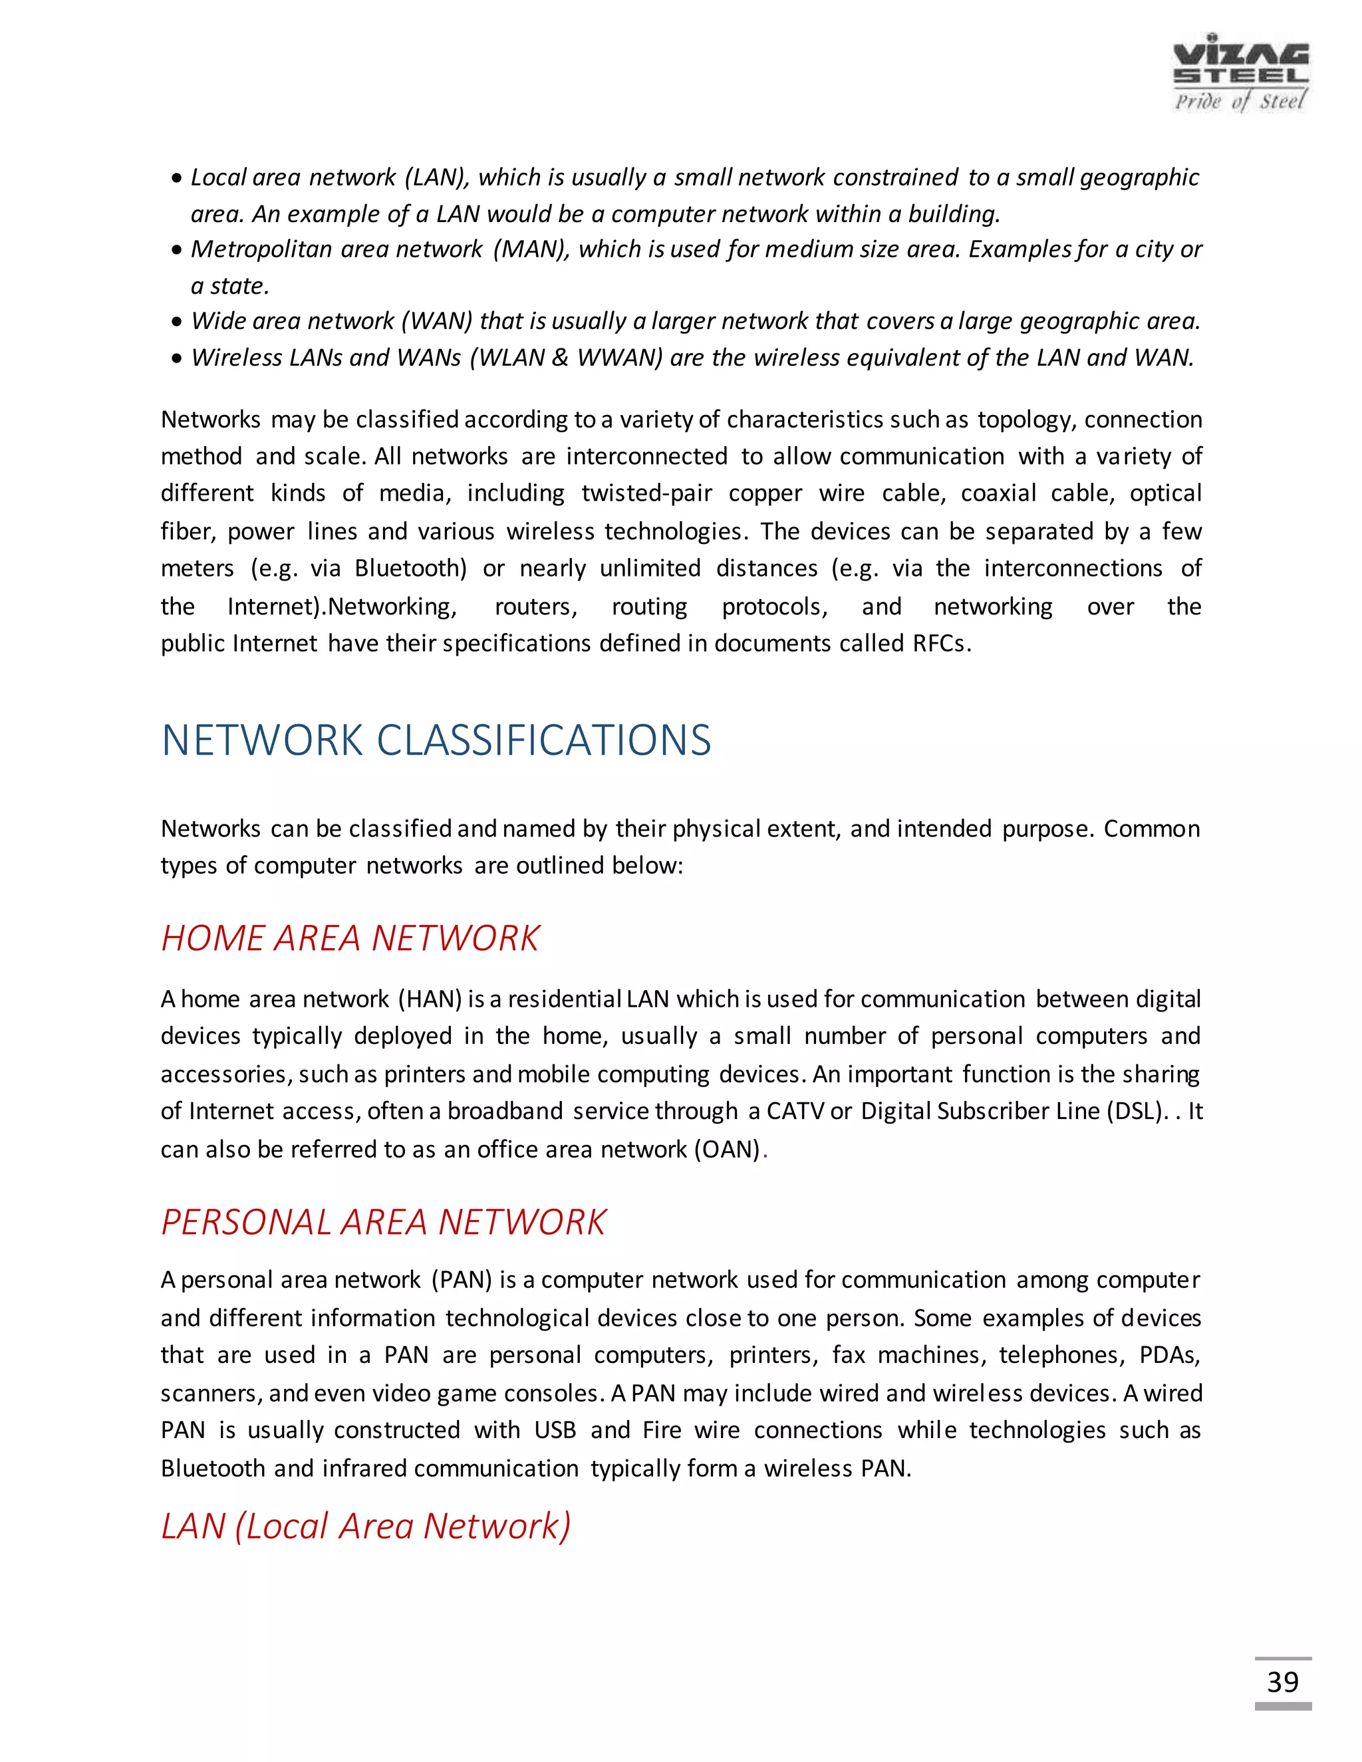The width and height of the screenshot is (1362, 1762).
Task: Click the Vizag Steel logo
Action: pyautogui.click(x=1240, y=72)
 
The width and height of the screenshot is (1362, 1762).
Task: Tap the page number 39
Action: pyautogui.click(x=1282, y=1682)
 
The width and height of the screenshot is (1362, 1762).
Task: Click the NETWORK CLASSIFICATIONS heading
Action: pyautogui.click(x=436, y=740)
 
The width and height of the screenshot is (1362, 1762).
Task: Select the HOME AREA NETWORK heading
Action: pyautogui.click(x=349, y=938)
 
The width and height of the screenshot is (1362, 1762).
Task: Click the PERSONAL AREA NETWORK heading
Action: pyautogui.click(x=383, y=1222)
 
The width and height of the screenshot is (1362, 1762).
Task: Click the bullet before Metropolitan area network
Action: pyautogui.click(x=177, y=251)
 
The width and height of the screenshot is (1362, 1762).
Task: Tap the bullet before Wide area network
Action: pyautogui.click(x=177, y=322)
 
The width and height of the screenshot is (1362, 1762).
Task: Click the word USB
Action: pyautogui.click(x=555, y=1430)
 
